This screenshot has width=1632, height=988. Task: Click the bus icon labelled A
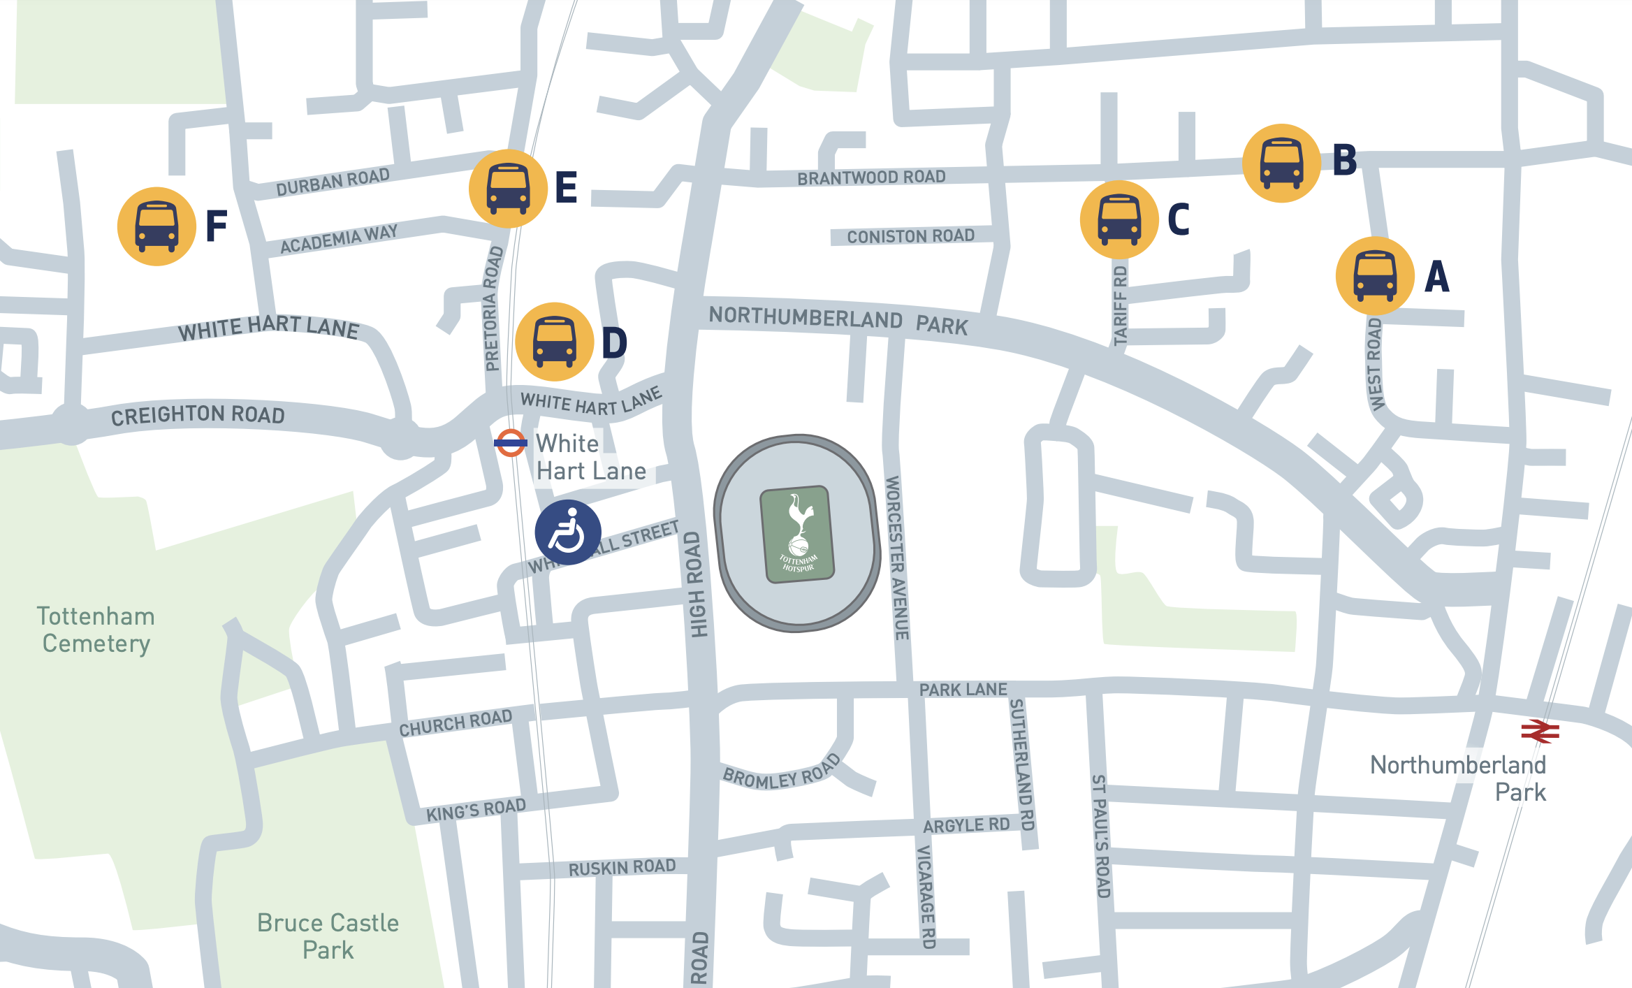[x=1375, y=276]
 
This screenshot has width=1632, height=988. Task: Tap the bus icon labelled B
[x=1281, y=164]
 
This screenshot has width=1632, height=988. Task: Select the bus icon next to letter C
[x=1119, y=220]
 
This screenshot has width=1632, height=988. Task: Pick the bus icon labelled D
[x=554, y=342]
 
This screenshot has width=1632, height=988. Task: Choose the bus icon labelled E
[x=508, y=189]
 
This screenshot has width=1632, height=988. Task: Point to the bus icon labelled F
[x=156, y=226]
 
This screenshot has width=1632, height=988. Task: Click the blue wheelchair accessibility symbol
[x=568, y=532]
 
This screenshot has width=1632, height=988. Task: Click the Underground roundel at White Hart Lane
[x=511, y=443]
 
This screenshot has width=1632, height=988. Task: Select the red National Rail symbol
[x=1540, y=732]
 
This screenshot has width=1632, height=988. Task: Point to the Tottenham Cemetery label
[x=96, y=630]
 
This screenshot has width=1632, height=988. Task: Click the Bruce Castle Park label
[x=328, y=936]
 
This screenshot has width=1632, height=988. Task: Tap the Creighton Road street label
[x=198, y=415]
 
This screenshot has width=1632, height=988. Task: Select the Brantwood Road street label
[x=871, y=177]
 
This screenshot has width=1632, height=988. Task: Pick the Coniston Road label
[x=910, y=236]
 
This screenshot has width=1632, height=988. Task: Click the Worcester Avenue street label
[x=897, y=558]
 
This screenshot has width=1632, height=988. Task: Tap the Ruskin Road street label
[x=622, y=868]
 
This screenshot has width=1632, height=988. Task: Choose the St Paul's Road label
[x=1100, y=836]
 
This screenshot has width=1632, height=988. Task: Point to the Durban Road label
[x=333, y=182]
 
